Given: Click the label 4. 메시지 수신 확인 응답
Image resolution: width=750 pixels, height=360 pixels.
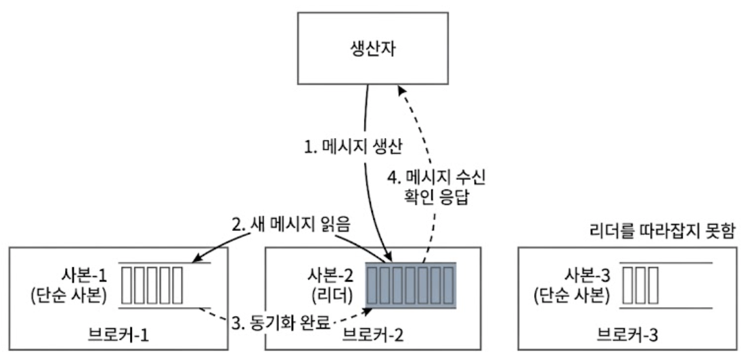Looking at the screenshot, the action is tap(436, 189).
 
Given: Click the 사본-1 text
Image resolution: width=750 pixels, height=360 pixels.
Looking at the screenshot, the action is tap(85, 275).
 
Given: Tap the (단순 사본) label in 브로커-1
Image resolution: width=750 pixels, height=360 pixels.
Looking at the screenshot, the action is tap(69, 296).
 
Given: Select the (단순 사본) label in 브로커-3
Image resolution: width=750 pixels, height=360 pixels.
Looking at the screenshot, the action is tap(571, 296).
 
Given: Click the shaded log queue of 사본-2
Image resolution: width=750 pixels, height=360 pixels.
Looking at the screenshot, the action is tap(411, 286).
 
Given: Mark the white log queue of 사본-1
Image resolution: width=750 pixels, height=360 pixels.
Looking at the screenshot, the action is tap(152, 286).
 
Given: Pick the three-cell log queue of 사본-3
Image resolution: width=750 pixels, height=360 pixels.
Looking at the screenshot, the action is tap(641, 286).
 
